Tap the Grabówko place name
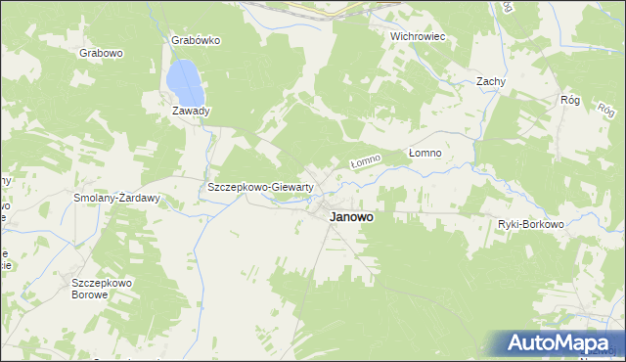(197, 40)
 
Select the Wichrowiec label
(418, 36)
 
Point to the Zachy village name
(490, 82)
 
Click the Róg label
(570, 100)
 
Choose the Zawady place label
(191, 111)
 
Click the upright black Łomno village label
(425, 154)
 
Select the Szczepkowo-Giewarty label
(259, 187)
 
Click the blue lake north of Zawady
(186, 82)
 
